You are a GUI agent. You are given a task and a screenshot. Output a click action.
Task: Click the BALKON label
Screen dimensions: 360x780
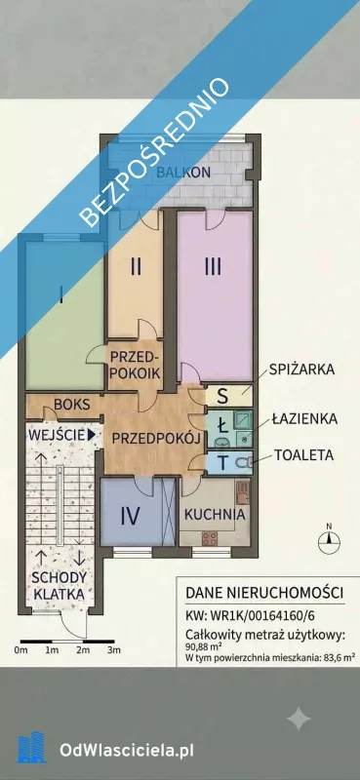pos(183,173)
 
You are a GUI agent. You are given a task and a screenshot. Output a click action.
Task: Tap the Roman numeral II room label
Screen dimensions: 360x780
pos(136,267)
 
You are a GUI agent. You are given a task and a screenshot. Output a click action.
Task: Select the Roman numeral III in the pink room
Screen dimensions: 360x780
pos(213,267)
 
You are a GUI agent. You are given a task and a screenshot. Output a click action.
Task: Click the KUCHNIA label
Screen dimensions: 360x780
pos(215,515)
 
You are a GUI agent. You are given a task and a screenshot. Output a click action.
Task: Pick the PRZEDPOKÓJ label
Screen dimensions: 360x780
pos(156,438)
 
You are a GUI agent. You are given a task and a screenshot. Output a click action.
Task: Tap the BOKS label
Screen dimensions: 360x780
pos(73,404)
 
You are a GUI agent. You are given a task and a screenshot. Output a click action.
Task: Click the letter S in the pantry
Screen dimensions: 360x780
pos(223,397)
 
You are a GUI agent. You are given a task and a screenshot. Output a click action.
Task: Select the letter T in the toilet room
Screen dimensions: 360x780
pos(223,462)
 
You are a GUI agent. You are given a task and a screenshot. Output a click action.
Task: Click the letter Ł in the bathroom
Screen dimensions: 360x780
pos(223,425)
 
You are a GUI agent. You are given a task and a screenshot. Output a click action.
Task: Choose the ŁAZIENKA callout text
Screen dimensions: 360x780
pos(304,419)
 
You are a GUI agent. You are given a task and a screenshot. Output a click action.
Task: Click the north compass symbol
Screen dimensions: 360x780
pos(329,539)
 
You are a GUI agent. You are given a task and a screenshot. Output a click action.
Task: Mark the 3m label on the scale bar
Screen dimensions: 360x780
pos(114,650)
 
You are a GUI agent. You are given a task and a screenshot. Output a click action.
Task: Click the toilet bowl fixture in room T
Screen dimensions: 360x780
pos(243,462)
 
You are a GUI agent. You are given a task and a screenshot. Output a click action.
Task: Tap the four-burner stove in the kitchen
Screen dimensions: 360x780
pos(209,538)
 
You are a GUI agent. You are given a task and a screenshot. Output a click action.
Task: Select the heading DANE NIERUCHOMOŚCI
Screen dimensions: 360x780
pos(264,593)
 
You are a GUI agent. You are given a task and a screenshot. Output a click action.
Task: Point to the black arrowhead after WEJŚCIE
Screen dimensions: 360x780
pos(91,435)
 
